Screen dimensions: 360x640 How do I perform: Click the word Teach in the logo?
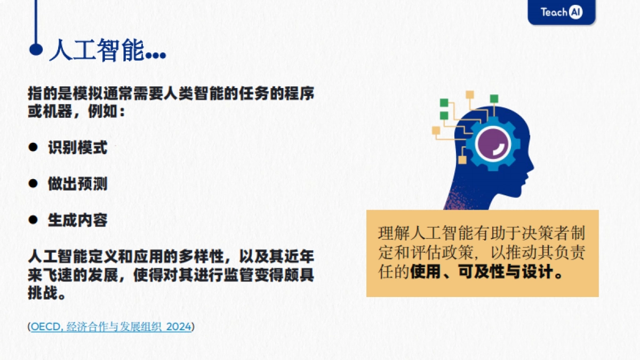(553, 12)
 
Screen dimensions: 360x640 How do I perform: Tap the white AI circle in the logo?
(575, 12)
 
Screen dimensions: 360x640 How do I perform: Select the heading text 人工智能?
(96, 51)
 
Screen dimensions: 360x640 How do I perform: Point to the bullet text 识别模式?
(77, 147)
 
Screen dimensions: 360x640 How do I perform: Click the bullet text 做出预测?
(77, 184)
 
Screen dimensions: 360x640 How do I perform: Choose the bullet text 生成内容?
(77, 220)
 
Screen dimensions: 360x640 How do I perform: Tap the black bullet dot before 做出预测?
(33, 183)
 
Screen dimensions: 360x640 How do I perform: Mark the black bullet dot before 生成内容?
(33, 220)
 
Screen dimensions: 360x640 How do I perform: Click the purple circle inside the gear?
(493, 144)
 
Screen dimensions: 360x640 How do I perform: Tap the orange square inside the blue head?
(462, 159)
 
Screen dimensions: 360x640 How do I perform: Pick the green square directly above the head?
(494, 98)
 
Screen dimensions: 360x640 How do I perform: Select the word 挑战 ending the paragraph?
(43, 293)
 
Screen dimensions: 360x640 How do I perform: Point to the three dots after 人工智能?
(155, 55)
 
